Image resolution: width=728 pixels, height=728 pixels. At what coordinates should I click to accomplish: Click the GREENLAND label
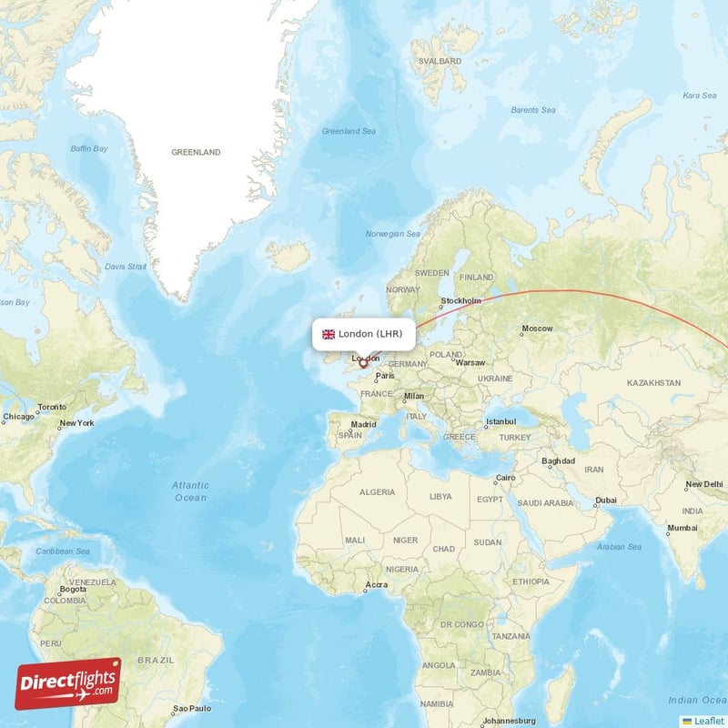(196, 153)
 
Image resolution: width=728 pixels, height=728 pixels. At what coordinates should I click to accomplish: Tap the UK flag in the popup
(329, 334)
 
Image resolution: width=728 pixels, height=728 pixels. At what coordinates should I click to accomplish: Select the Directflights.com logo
(67, 683)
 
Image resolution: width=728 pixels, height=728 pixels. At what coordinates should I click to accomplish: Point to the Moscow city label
(537, 329)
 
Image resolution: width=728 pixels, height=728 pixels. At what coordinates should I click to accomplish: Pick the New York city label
(76, 423)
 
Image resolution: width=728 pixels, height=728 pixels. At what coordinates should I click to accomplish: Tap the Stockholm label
(460, 300)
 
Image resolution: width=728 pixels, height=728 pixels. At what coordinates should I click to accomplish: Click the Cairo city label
(505, 479)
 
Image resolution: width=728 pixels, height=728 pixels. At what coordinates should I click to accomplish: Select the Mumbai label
(682, 528)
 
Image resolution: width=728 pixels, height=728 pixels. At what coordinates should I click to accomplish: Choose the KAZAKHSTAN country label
(652, 383)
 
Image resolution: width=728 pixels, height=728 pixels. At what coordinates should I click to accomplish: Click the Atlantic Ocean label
(190, 491)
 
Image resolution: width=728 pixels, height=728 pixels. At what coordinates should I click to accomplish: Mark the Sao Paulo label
(192, 708)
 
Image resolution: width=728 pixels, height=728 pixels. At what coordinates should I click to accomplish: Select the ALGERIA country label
(377, 492)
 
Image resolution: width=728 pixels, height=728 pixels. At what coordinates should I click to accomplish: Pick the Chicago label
(17, 417)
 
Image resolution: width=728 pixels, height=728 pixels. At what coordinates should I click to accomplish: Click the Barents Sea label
(532, 110)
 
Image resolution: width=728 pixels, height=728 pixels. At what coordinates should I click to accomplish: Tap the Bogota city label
(73, 589)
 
